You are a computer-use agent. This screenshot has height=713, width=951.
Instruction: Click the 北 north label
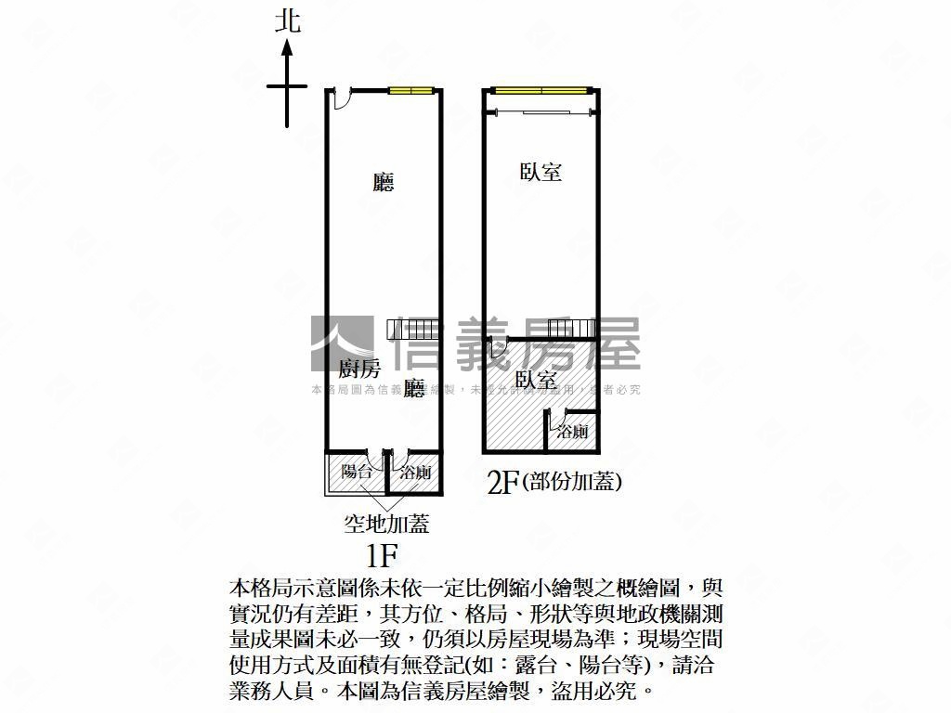coord(289,21)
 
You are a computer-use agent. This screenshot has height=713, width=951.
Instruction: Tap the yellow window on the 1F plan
coord(410,90)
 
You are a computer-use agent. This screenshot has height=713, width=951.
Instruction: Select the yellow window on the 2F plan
coord(541,90)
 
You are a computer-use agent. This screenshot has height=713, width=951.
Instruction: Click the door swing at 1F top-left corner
coord(340,96)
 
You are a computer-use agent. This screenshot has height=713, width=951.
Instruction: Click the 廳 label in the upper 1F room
coord(384,181)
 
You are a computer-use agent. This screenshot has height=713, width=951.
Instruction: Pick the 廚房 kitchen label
coord(359,369)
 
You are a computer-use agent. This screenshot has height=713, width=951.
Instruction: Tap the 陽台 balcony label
coord(357,472)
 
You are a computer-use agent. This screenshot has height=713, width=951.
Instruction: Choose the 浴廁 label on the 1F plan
coord(414,473)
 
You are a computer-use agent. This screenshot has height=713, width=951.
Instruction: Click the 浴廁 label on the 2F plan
coord(572,432)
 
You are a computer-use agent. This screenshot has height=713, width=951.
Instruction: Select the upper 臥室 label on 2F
coord(541,172)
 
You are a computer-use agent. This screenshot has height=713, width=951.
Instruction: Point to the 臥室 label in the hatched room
coord(536,380)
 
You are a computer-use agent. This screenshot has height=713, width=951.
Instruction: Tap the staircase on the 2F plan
coord(569,329)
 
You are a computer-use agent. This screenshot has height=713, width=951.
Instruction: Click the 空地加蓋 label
coord(386,525)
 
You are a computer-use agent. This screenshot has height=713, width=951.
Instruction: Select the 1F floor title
coord(382,556)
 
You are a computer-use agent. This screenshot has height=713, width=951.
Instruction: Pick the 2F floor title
coord(502,483)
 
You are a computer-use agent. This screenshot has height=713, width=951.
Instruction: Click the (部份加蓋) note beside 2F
coord(572,482)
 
